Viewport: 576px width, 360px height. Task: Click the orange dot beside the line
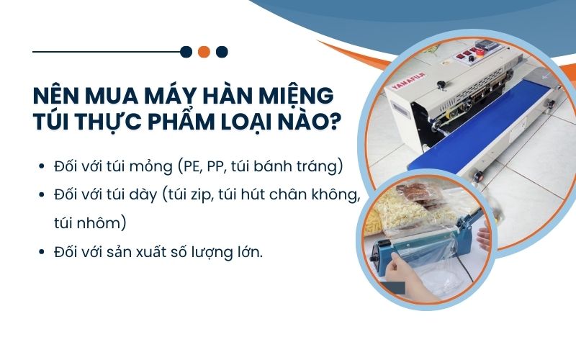click(204, 51)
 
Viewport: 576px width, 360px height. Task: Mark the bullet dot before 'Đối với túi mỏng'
click(42, 167)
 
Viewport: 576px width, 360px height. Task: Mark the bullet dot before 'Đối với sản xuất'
click(42, 253)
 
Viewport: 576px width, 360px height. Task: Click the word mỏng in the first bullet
click(146, 167)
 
